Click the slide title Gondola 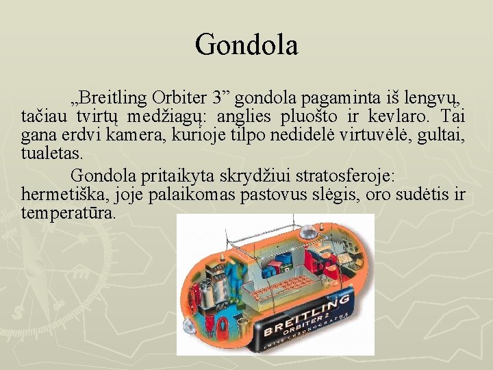[x=246, y=45]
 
